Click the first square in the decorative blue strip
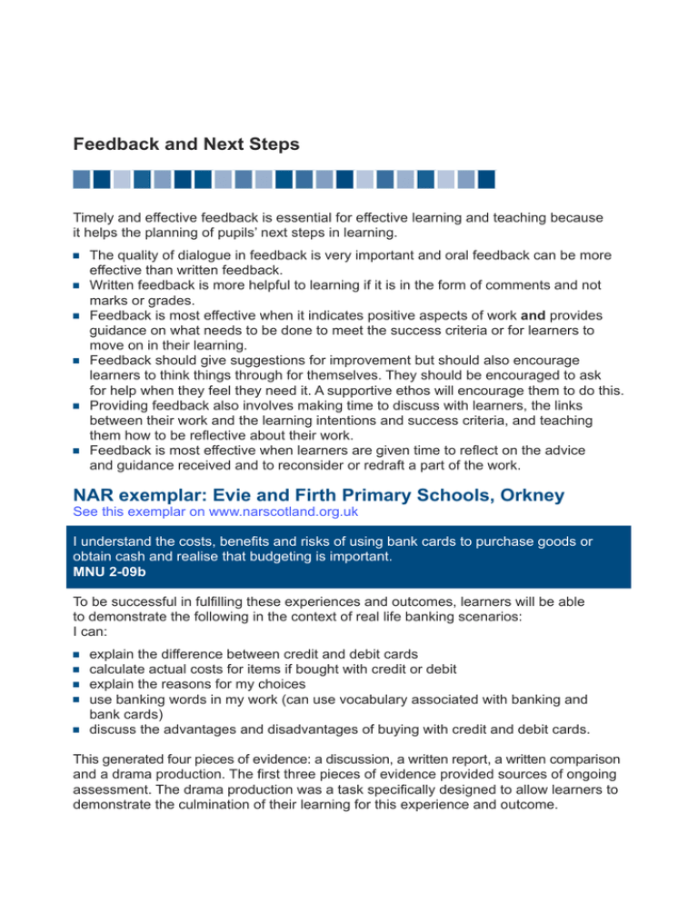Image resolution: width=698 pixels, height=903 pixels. coord(82,179)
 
